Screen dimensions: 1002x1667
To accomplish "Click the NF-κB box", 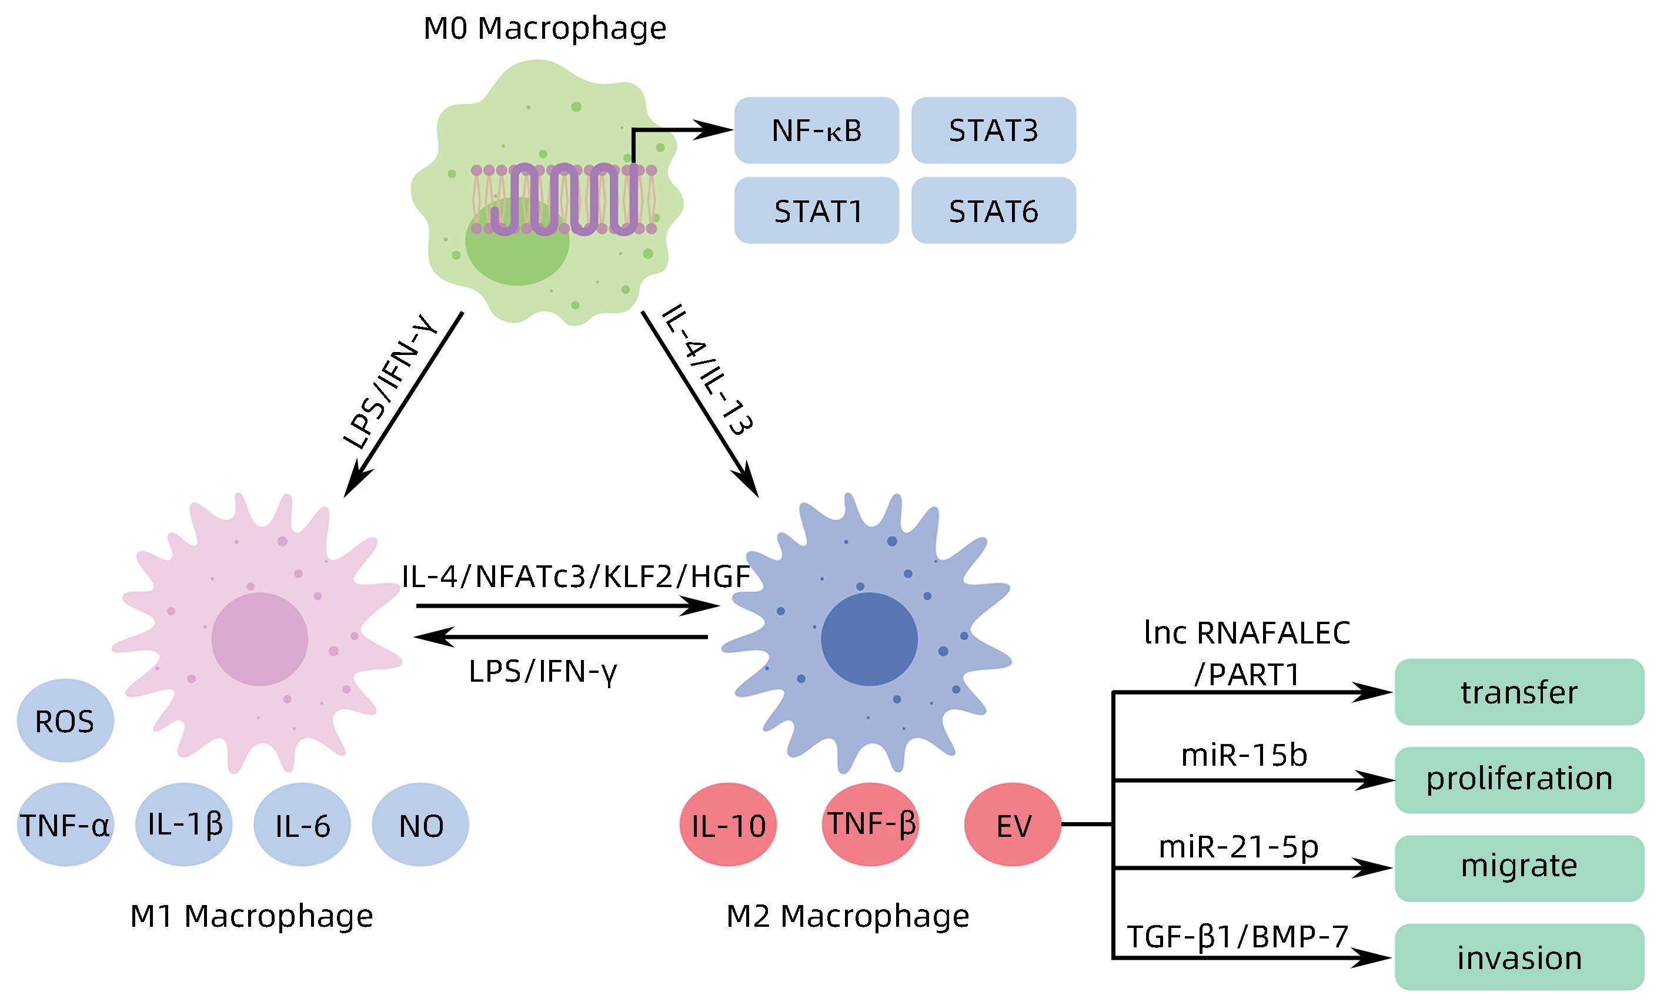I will [x=816, y=130].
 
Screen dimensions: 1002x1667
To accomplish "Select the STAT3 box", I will [x=993, y=130].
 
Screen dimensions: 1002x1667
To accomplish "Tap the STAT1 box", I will [x=816, y=210].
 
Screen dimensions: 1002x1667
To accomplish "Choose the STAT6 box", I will [x=993, y=210].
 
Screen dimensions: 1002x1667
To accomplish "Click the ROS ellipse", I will [x=65, y=721].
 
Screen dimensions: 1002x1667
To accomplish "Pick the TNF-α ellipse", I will [x=65, y=825].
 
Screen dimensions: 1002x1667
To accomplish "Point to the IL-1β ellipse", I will [x=183, y=825].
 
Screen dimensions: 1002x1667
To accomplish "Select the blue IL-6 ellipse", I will [x=302, y=825].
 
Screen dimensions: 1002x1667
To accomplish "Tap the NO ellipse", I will [x=420, y=825].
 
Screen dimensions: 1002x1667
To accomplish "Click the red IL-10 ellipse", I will [x=728, y=825].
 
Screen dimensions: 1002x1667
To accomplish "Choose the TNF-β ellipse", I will [x=871, y=825].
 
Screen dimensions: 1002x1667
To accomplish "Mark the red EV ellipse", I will [x=1013, y=825].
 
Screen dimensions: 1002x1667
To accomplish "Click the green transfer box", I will [x=1519, y=692].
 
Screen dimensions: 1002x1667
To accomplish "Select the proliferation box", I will [x=1519, y=780].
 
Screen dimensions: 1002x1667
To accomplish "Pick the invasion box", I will [x=1519, y=957].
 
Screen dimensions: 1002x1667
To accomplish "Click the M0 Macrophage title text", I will [x=544, y=28].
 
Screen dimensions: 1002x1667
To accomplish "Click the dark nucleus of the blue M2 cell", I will [x=869, y=639].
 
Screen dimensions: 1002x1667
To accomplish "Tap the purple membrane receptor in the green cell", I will [x=564, y=199].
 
